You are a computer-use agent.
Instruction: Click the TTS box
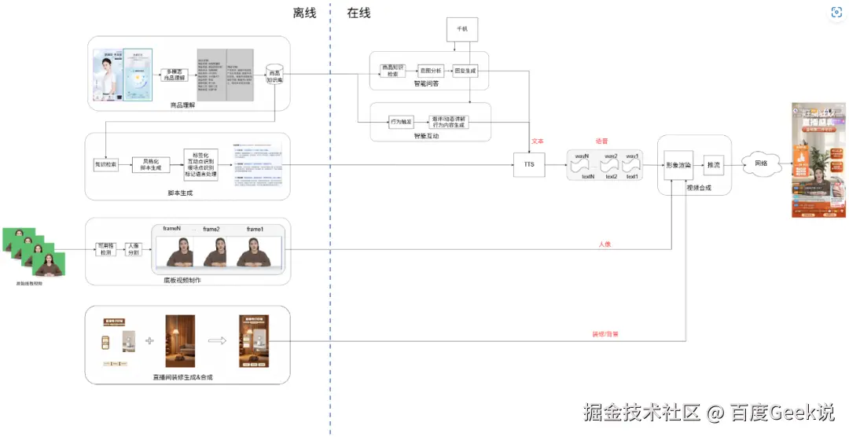point(528,164)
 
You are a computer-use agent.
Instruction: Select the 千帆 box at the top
point(461,30)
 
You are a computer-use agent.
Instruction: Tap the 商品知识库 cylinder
point(274,75)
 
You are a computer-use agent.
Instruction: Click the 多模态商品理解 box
point(173,75)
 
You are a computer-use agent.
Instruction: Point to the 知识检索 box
point(105,165)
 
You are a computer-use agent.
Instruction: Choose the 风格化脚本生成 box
point(152,164)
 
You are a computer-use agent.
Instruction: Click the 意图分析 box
point(429,70)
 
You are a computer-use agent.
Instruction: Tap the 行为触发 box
point(402,121)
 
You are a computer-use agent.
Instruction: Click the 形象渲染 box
point(677,165)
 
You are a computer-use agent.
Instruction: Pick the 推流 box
point(713,165)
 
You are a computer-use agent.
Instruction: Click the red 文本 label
point(538,141)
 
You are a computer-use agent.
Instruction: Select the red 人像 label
point(605,244)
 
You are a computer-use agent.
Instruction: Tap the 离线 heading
point(304,13)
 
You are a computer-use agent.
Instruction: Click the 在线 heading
point(358,13)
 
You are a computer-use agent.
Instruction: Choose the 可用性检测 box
point(105,249)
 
